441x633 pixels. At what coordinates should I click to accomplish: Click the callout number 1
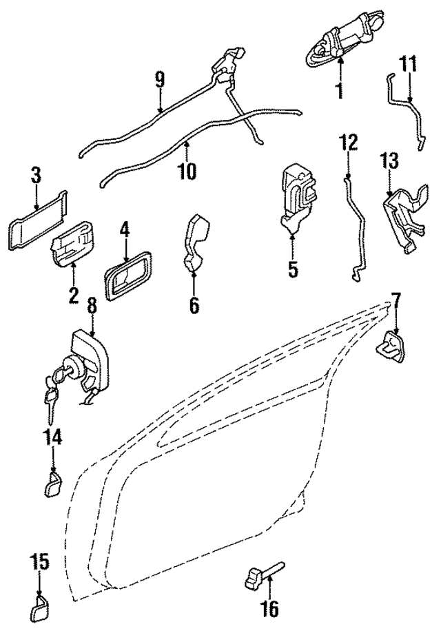339,90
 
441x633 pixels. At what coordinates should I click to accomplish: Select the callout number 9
160,80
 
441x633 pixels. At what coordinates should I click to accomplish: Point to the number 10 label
187,171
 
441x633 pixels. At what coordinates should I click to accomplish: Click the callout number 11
409,65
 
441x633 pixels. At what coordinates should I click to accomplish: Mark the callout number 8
92,304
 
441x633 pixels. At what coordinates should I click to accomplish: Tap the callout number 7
396,300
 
